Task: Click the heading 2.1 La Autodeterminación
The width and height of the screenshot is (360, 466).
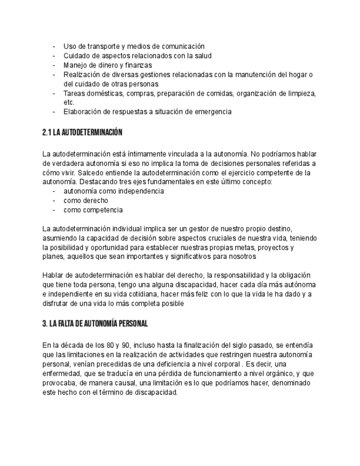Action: coord(82,132)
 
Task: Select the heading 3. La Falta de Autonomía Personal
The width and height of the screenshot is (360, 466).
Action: coord(95,324)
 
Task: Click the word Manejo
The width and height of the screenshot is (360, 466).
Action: coord(76,65)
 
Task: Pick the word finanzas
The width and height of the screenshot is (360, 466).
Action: coord(136,65)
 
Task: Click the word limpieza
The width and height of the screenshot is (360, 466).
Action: coord(300,93)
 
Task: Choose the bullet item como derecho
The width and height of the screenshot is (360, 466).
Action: coord(86,201)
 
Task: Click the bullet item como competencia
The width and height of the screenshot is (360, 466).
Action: coord(93,210)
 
